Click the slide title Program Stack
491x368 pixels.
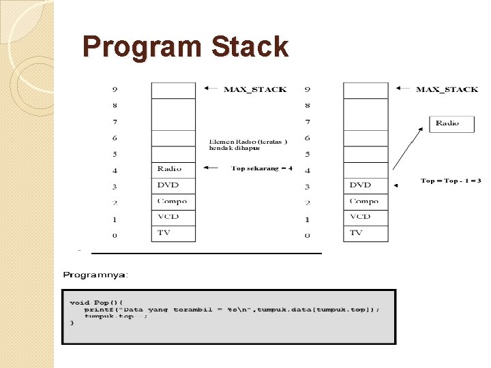click(x=185, y=47)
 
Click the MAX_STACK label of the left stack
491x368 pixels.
click(x=255, y=89)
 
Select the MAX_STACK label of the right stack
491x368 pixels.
click(x=447, y=89)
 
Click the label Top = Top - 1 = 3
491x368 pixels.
click(x=451, y=181)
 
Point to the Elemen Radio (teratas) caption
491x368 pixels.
click(x=248, y=144)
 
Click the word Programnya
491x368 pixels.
click(x=95, y=275)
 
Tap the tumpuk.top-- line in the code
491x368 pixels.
click(x=116, y=316)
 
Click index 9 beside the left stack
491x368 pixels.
click(x=115, y=89)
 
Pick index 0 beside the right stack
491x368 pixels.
click(x=307, y=235)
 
